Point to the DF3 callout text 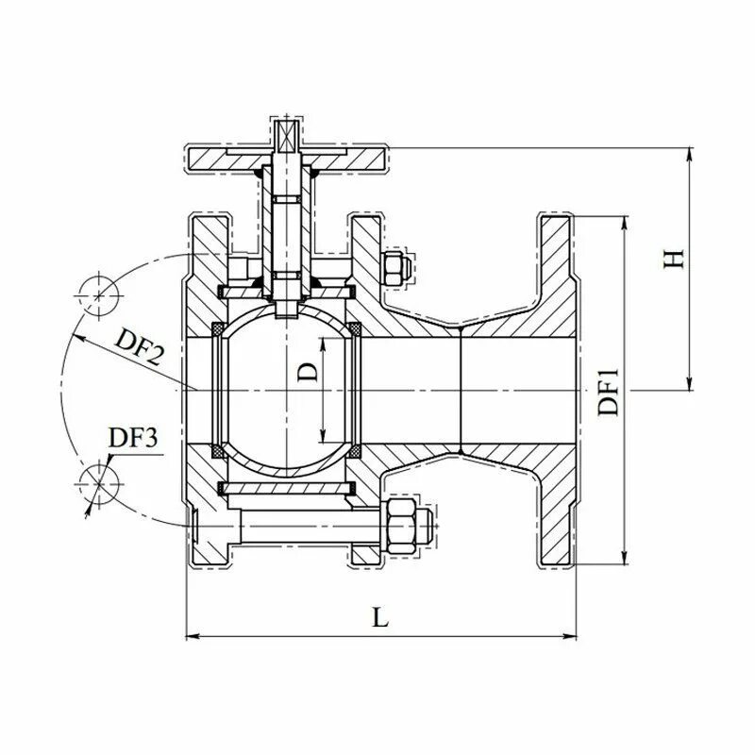[x=135, y=438]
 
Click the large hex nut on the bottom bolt [x=405, y=526]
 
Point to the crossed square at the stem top [x=284, y=131]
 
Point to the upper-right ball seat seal [x=356, y=327]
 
